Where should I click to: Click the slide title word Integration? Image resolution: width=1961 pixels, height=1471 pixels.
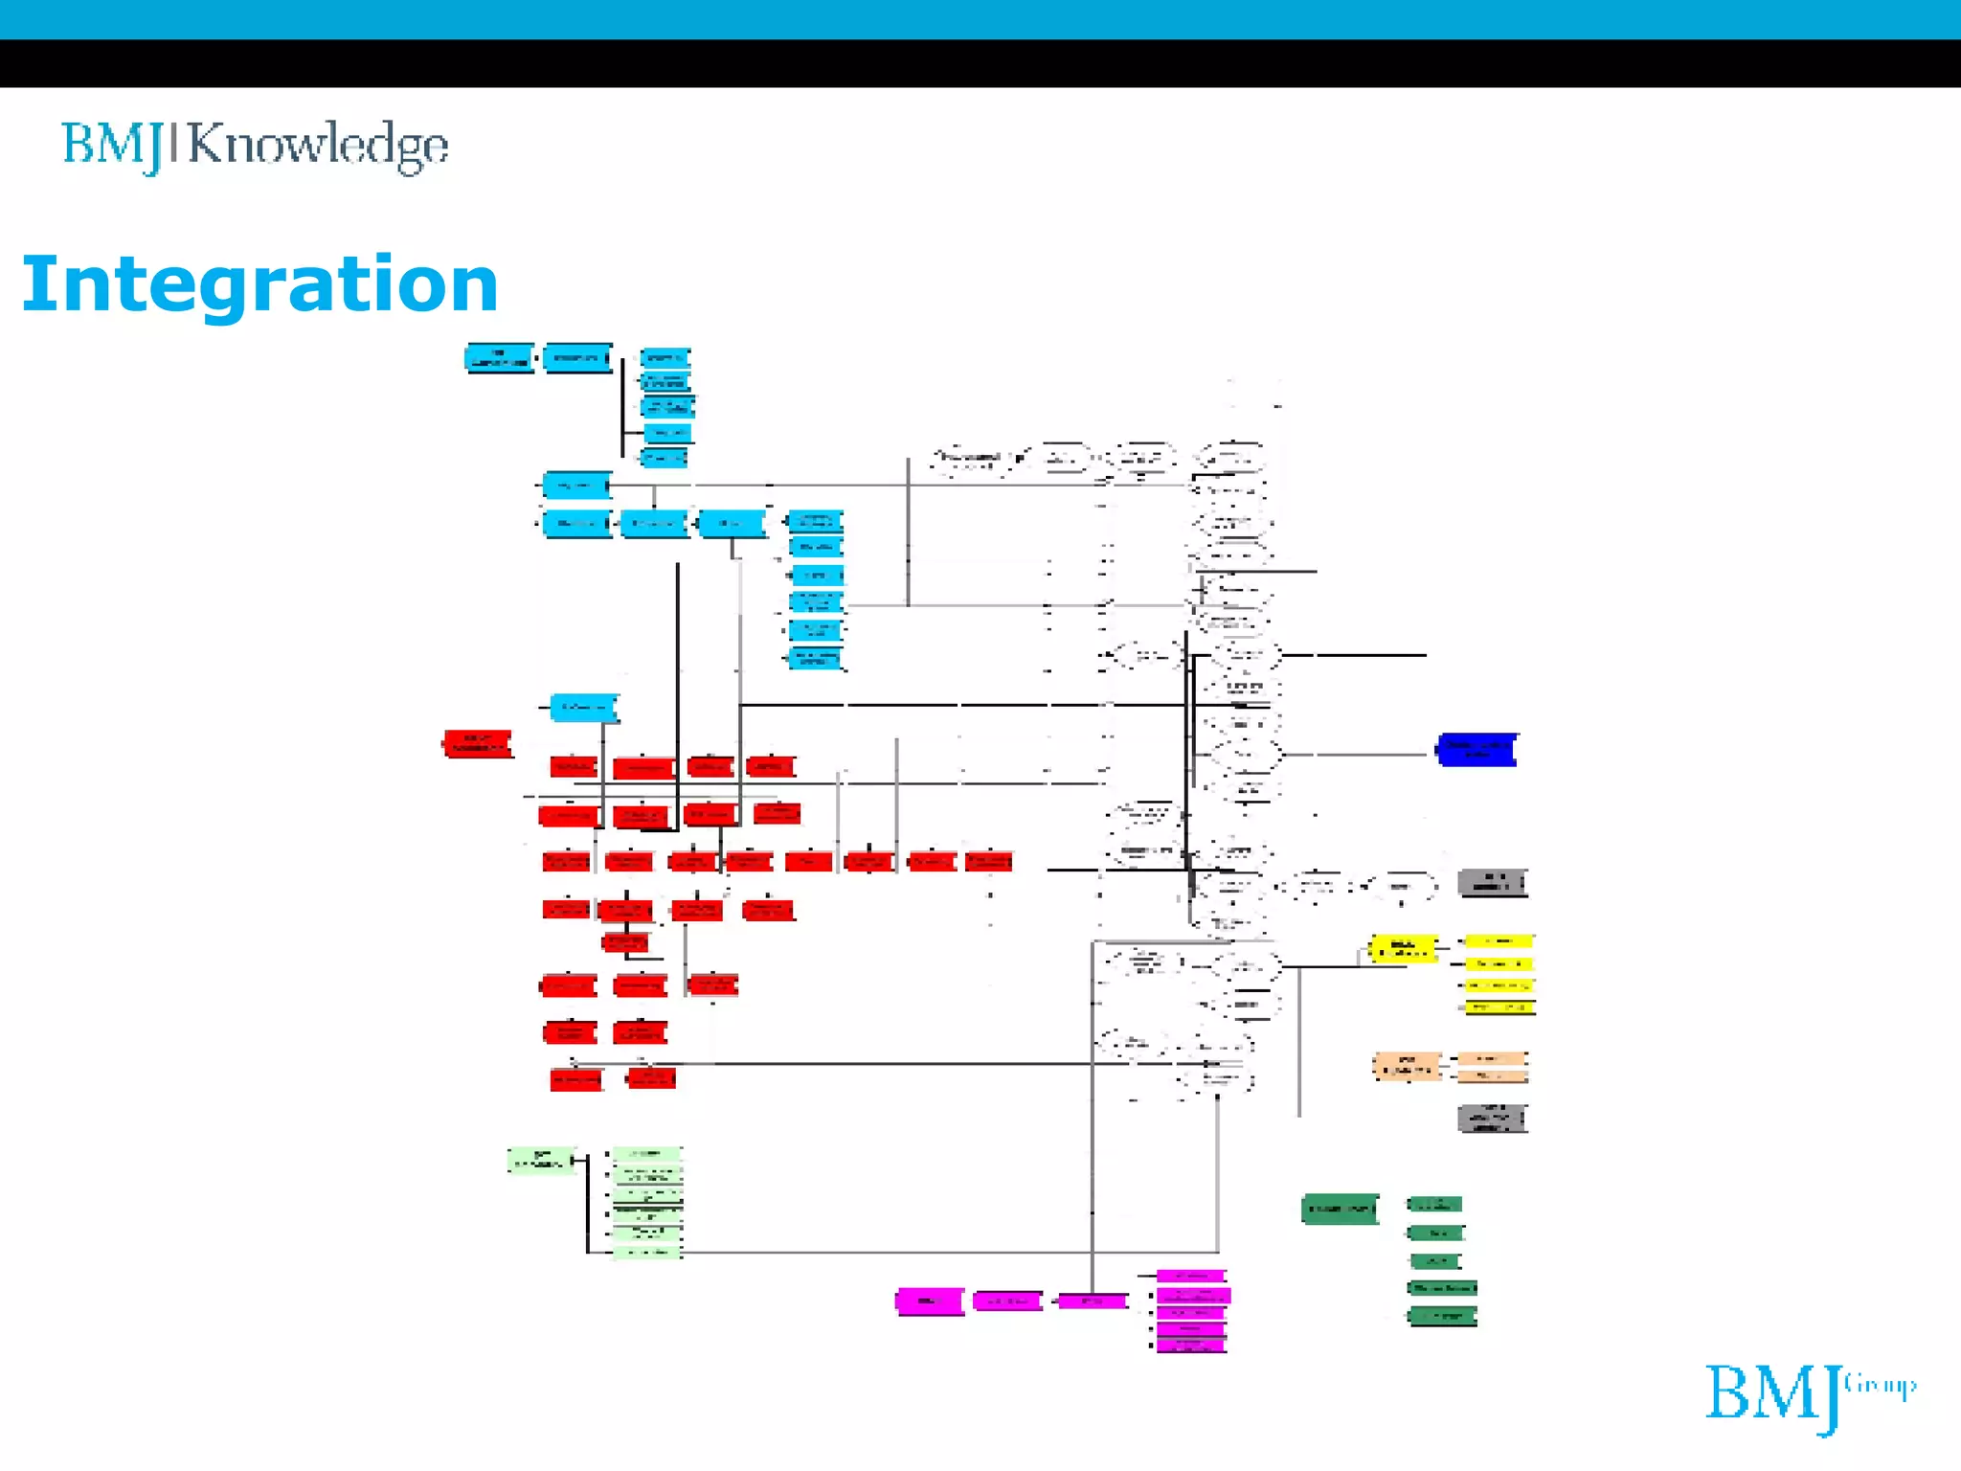pyautogui.click(x=259, y=284)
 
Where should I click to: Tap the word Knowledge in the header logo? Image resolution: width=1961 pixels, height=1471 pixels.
pyautogui.click(x=318, y=146)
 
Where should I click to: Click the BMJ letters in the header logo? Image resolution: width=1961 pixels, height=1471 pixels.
pyautogui.click(x=113, y=146)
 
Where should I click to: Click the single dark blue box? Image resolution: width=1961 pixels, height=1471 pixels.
pyautogui.click(x=1476, y=750)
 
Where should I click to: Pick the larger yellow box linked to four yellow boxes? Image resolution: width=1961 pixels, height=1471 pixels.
pyautogui.click(x=1403, y=948)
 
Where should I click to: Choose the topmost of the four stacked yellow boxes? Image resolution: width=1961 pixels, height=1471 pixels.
pyautogui.click(x=1499, y=941)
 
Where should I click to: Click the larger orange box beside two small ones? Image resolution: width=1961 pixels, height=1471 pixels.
pyautogui.click(x=1407, y=1066)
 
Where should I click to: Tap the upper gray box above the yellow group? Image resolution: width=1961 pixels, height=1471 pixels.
pyautogui.click(x=1492, y=882)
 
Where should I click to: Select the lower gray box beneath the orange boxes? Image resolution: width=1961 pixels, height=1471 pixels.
pyautogui.click(x=1492, y=1118)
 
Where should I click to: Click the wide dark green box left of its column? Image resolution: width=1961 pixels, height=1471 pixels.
pyautogui.click(x=1340, y=1209)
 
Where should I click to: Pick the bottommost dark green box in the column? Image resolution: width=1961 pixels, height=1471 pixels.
pyautogui.click(x=1442, y=1316)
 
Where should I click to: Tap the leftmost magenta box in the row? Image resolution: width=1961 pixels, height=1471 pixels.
pyautogui.click(x=929, y=1301)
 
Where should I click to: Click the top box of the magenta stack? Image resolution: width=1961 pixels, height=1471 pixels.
pyautogui.click(x=1191, y=1277)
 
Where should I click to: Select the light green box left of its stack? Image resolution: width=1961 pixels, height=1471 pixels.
pyautogui.click(x=541, y=1160)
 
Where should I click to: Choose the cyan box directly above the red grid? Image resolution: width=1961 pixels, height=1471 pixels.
pyautogui.click(x=584, y=708)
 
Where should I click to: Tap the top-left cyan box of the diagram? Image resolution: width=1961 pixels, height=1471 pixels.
pyautogui.click(x=499, y=358)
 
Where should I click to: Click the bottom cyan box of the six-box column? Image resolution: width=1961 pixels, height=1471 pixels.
pyautogui.click(x=815, y=658)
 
